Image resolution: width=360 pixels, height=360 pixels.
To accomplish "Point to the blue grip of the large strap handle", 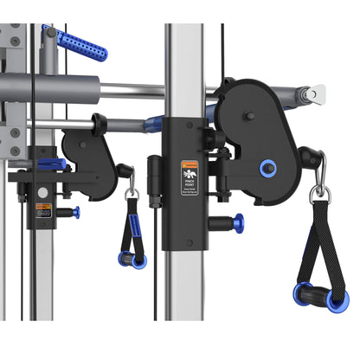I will (x=321, y=297).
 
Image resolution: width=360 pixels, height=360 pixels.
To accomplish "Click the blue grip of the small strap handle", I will (x=132, y=259).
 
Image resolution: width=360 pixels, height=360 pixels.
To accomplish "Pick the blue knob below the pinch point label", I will (x=236, y=223).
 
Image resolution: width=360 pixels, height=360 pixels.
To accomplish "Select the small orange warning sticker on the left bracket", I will (x=42, y=210).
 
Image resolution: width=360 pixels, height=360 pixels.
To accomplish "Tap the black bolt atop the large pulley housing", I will (x=249, y=115).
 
